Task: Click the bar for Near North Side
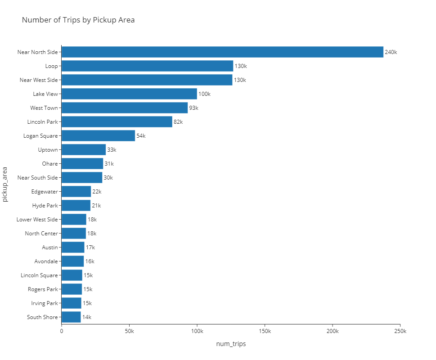(222, 52)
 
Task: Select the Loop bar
(147, 66)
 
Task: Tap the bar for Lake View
(129, 94)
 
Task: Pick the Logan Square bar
(98, 135)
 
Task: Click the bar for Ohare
(82, 163)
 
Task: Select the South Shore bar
(71, 317)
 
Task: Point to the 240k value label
(391, 52)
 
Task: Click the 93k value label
(193, 108)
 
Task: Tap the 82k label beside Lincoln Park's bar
(178, 122)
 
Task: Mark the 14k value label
(87, 317)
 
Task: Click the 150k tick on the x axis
(265, 331)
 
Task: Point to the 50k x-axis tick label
(129, 331)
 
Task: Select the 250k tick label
(400, 331)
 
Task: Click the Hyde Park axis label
(45, 206)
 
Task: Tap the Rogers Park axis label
(43, 289)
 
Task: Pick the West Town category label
(44, 108)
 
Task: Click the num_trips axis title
(231, 344)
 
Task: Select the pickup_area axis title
(5, 184)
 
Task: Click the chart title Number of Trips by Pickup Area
(78, 20)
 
